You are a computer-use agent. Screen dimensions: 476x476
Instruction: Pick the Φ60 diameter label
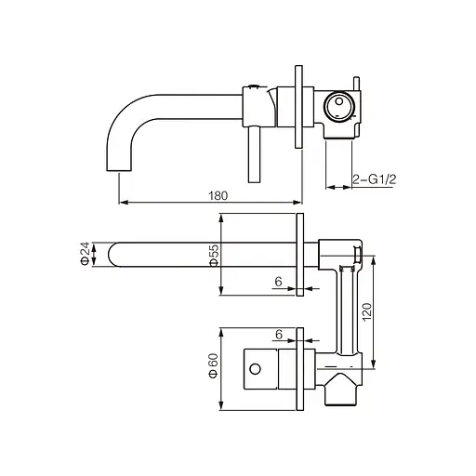[214, 365]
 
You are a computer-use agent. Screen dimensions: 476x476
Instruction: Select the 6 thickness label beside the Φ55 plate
[278, 281]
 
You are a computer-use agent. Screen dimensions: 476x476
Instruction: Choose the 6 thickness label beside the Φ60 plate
[278, 334]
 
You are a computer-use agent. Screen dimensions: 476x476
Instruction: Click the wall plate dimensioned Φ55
[300, 254]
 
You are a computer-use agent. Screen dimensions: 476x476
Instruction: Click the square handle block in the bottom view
[262, 368]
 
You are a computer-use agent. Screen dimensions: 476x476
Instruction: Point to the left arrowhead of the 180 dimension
[122, 201]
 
